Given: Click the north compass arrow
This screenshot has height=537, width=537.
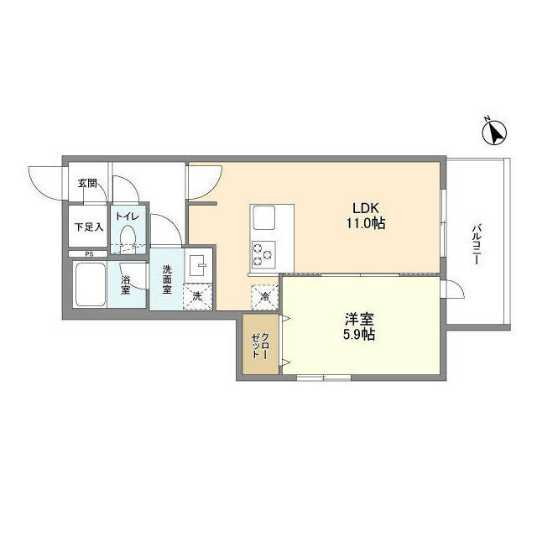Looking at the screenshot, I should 495,132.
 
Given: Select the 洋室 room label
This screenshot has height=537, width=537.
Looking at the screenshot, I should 358,319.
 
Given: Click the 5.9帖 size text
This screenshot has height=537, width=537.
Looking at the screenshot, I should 358,335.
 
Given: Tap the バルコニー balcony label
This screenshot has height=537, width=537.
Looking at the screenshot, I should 476,244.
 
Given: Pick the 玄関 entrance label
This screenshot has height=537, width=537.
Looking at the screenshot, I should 87,183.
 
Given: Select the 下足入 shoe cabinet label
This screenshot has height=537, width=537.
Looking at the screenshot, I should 87,227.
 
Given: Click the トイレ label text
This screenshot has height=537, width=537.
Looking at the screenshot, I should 128,216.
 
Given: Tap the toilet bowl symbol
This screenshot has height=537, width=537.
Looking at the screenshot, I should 128,240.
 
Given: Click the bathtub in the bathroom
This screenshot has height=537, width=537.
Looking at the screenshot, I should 89,285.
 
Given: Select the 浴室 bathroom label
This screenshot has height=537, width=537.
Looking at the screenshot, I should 126,284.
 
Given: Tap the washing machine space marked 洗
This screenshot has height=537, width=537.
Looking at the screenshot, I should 198,296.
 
